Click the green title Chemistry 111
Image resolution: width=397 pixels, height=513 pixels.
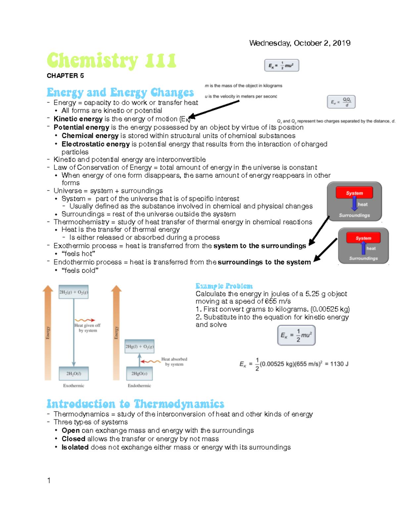click(111, 61)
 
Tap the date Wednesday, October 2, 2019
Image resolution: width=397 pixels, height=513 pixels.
click(300, 43)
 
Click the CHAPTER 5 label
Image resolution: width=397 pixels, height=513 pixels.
click(65, 76)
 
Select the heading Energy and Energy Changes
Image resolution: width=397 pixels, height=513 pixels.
click(120, 92)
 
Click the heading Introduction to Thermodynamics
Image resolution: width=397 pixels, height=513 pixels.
click(135, 404)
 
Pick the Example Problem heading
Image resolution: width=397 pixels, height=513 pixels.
click(224, 286)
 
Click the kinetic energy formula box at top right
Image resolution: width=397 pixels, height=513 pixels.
click(282, 65)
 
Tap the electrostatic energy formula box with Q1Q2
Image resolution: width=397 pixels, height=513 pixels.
click(341, 102)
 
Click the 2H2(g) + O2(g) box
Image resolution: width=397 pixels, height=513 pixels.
click(73, 292)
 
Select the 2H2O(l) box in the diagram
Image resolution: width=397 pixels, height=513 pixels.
click(73, 374)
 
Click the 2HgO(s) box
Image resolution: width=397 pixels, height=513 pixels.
click(139, 374)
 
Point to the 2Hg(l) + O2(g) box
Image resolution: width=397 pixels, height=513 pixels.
click(139, 347)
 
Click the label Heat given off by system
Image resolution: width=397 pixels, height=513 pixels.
click(88, 328)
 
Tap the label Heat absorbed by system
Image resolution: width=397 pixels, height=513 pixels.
click(174, 361)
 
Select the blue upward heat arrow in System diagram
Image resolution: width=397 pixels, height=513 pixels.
click(363, 248)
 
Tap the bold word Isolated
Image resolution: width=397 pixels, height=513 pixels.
click(75, 447)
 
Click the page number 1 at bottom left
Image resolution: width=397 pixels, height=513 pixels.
click(49, 480)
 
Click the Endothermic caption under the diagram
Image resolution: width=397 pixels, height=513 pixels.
click(139, 385)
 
